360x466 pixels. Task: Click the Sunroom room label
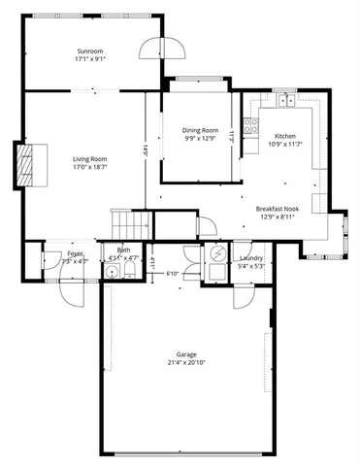89,51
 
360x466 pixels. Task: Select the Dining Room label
200,129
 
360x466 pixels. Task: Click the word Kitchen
284,136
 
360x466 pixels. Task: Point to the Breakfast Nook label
277,209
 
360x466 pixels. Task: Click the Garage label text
185,354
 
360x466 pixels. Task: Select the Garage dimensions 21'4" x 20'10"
185,363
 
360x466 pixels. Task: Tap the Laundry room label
251,257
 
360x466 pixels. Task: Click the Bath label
123,250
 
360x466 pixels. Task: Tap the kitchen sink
285,100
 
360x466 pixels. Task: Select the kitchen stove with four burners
250,124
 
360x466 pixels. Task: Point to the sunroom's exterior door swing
152,49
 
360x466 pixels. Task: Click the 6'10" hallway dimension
172,274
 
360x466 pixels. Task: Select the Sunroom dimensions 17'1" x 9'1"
89,60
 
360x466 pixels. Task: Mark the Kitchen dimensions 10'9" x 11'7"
284,145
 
